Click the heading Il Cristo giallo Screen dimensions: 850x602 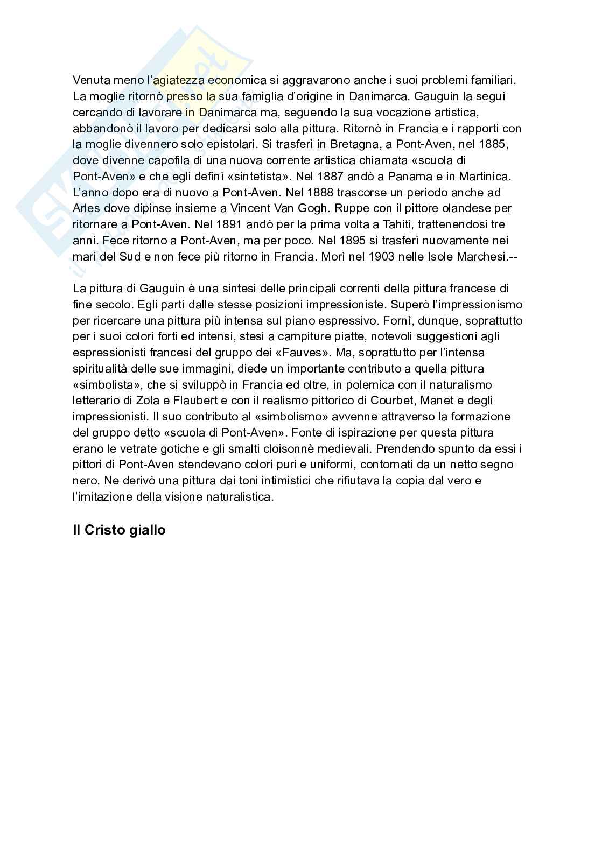point(119,530)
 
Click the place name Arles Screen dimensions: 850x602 point(86,208)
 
